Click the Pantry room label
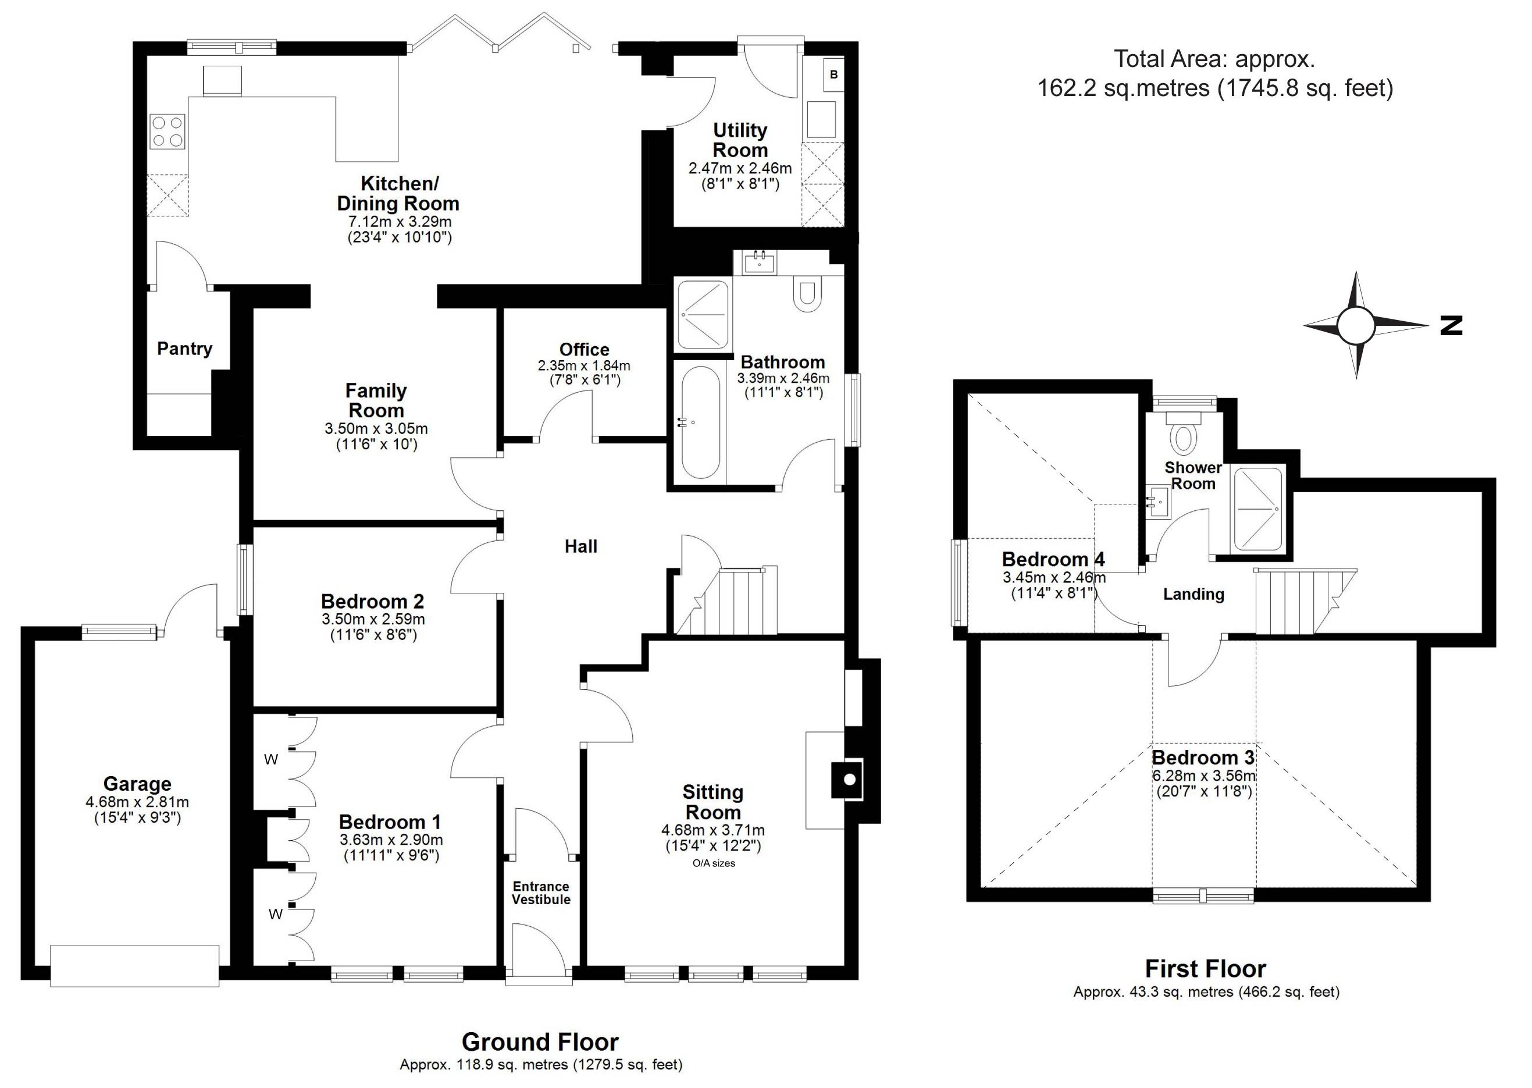184,349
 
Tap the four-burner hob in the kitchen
168,131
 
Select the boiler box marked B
833,74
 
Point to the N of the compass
1451,326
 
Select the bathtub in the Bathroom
700,422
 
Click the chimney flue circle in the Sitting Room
849,780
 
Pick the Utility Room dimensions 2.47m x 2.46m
740,168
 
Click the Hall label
580,547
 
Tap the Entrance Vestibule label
541,893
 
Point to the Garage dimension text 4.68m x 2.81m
137,802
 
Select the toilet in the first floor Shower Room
1184,433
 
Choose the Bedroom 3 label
1203,758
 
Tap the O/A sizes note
714,863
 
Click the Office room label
585,349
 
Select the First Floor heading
1205,969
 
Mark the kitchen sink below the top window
222,81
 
